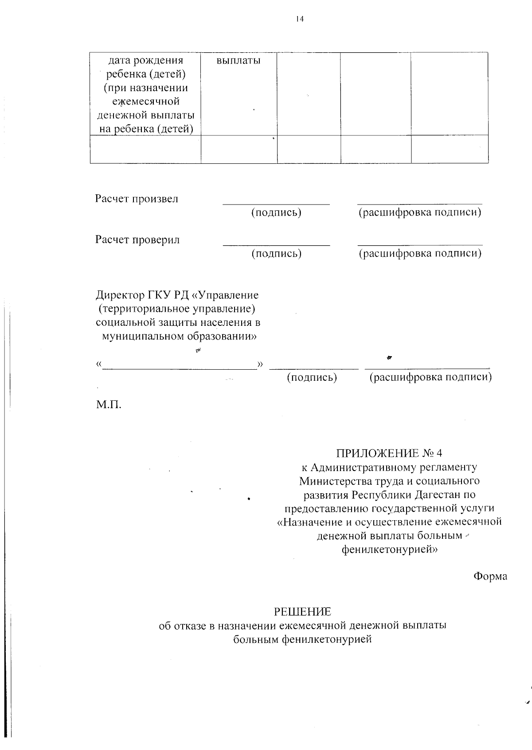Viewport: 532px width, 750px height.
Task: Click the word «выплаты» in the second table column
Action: pyautogui.click(x=239, y=61)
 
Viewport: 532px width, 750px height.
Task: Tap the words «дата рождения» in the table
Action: pyautogui.click(x=146, y=60)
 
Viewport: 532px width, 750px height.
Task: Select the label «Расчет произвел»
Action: pyautogui.click(x=137, y=199)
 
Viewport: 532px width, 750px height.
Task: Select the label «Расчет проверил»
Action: pyautogui.click(x=137, y=240)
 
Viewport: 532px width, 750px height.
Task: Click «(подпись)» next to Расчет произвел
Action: pyautogui.click(x=276, y=213)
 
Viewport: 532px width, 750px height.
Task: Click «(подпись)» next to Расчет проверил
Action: pyautogui.click(x=277, y=254)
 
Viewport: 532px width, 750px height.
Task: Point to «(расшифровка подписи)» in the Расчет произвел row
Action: pyautogui.click(x=420, y=213)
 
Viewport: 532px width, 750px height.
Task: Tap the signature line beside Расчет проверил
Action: pyautogui.click(x=276, y=245)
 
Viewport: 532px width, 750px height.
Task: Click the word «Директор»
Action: pyautogui.click(x=120, y=295)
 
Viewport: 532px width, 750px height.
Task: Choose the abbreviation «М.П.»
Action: pyautogui.click(x=109, y=404)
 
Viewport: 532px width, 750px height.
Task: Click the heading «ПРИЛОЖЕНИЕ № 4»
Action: pyautogui.click(x=389, y=453)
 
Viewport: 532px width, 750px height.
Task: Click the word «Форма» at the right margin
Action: pyautogui.click(x=490, y=576)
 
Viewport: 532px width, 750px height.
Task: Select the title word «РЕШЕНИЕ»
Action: pyautogui.click(x=302, y=612)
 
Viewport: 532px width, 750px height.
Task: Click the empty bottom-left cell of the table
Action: pyautogui.click(x=145, y=150)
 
